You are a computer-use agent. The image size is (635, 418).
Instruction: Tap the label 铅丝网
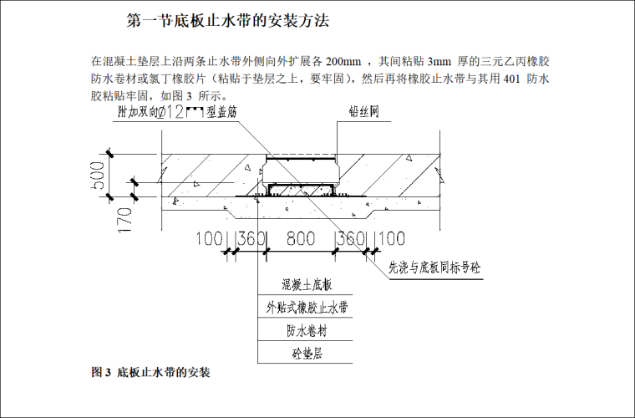(363, 112)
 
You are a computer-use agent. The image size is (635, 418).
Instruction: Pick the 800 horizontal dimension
(300, 239)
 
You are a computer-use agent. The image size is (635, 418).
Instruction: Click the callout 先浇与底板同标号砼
(438, 268)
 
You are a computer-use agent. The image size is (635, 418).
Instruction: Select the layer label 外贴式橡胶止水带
(303, 308)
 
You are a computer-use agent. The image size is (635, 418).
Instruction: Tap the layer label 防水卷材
(303, 331)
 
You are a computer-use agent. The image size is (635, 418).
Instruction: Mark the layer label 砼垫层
(303, 354)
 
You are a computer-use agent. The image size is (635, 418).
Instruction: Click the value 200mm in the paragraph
(343, 61)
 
